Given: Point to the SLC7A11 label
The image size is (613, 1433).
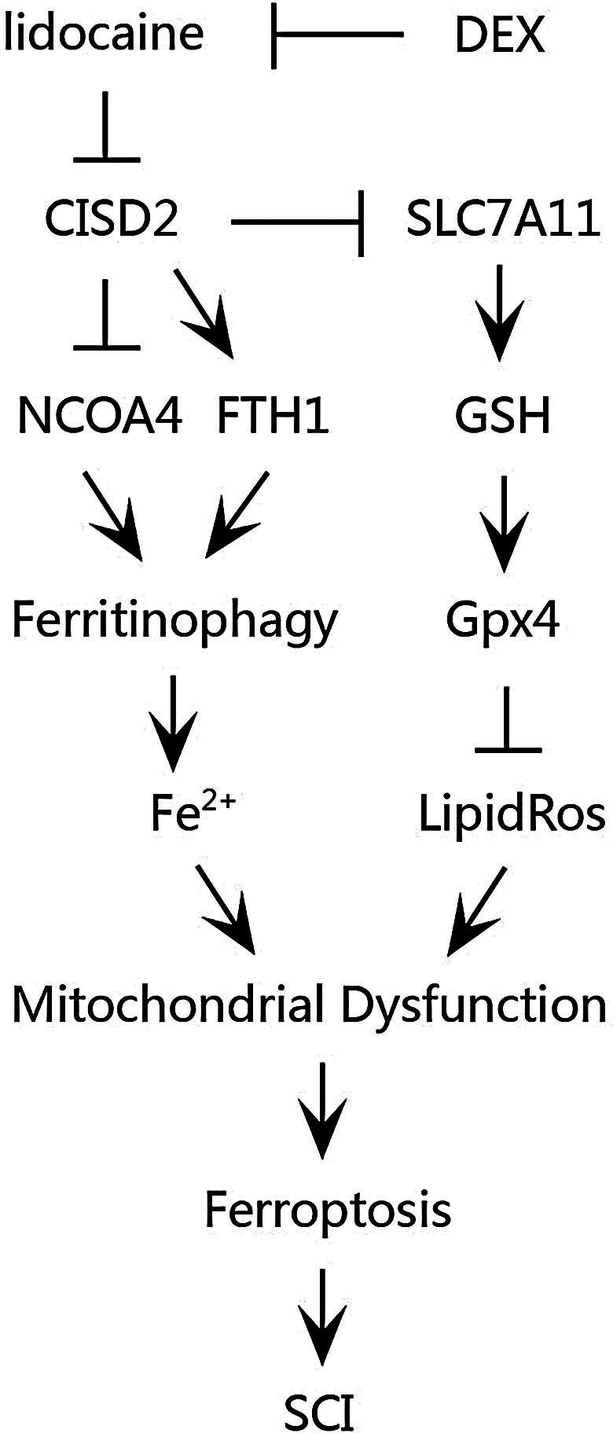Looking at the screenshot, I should click(x=504, y=221).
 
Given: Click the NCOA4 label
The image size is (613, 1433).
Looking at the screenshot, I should click(x=100, y=416).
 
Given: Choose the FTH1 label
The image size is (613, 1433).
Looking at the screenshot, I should click(x=273, y=416).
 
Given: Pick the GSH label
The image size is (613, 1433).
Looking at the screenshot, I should click(x=503, y=416).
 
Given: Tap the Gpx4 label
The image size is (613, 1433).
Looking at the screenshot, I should click(x=503, y=621).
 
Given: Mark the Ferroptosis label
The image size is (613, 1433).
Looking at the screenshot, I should click(x=328, y=1210).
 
